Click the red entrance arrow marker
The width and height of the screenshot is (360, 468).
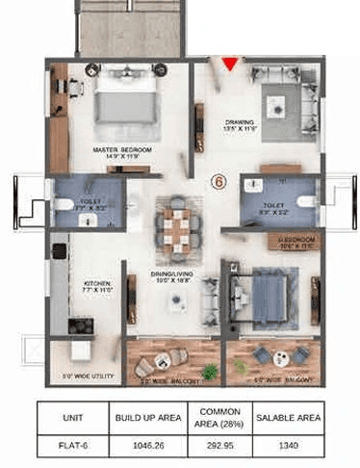230,65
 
